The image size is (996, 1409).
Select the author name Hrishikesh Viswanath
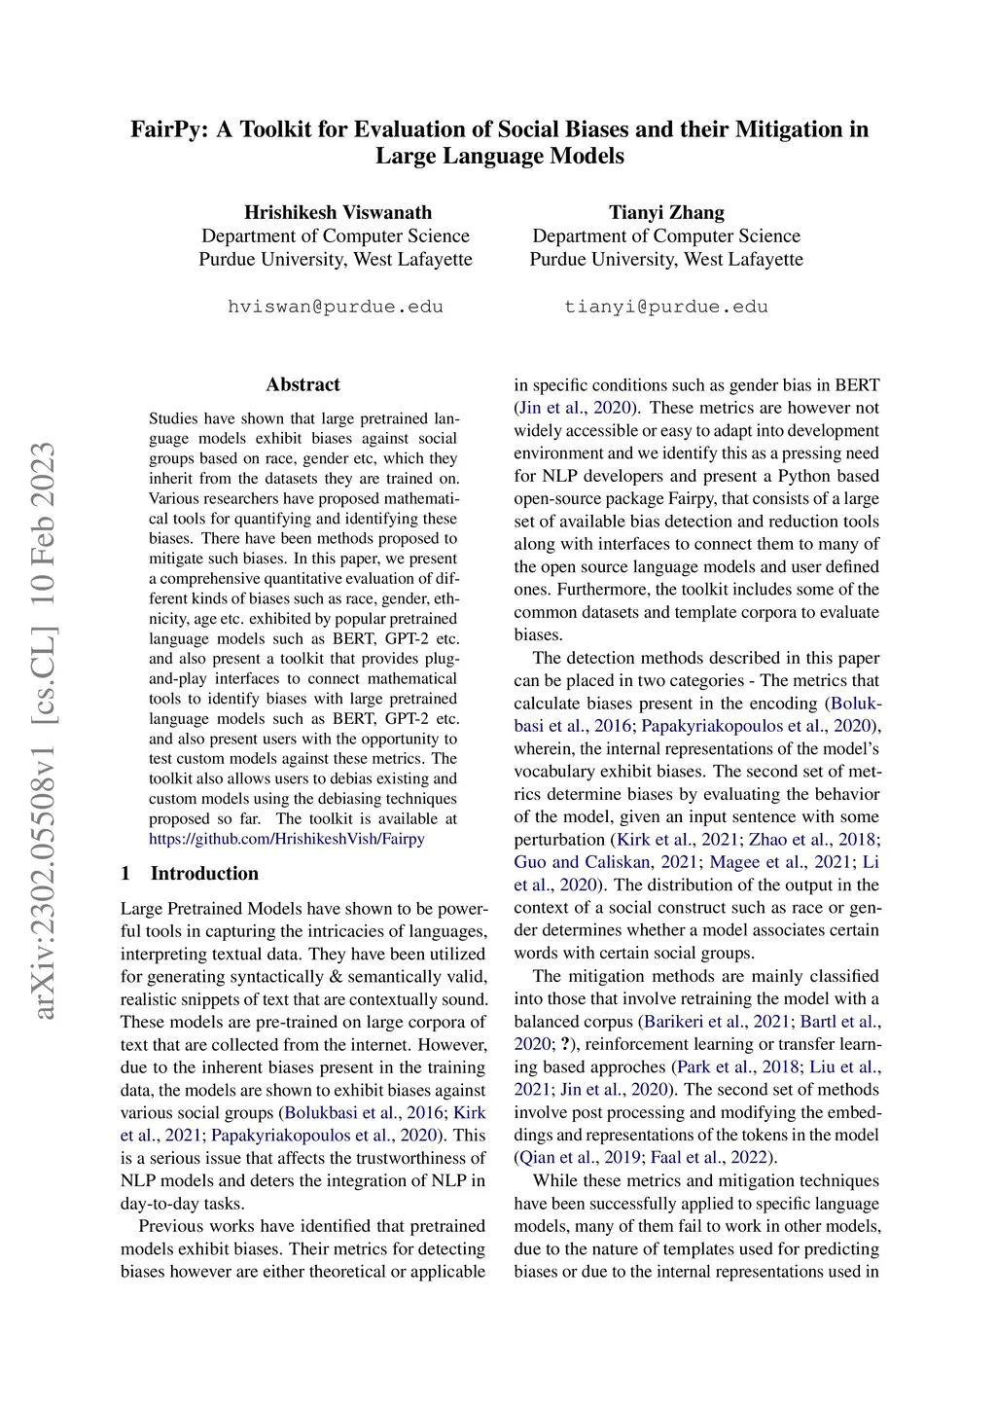(338, 212)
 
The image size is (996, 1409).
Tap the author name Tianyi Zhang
(666, 212)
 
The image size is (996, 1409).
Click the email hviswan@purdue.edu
(336, 307)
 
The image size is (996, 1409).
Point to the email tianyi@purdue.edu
(666, 307)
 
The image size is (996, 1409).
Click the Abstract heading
(302, 384)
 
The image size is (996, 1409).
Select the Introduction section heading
(204, 873)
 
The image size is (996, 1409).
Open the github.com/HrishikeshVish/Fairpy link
(287, 839)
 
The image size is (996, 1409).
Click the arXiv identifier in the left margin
(45, 730)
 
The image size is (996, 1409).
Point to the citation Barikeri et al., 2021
(717, 1021)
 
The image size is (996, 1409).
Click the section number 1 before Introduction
(125, 873)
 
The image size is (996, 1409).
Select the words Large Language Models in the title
(500, 156)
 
